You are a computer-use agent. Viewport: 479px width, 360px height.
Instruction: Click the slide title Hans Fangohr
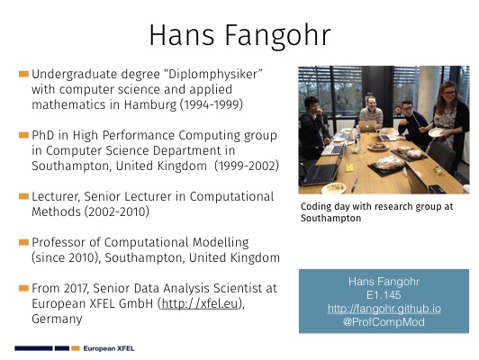239,36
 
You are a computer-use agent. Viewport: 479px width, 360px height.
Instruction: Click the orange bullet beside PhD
23,135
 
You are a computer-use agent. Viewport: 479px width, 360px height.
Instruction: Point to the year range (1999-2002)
247,166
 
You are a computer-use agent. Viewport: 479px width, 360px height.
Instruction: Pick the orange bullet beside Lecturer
23,196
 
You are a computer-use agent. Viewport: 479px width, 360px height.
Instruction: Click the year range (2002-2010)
117,211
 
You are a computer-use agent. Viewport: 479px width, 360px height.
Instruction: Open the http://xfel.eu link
200,303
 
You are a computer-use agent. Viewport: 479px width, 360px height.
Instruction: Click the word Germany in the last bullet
57,319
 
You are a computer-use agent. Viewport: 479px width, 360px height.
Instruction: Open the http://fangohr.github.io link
384,309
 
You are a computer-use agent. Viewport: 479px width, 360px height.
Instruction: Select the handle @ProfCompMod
384,322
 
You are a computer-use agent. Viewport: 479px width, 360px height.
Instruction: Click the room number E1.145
384,295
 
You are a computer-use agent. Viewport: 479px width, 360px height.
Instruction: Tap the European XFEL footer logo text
109,348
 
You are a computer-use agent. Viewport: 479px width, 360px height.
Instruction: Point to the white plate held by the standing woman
436,132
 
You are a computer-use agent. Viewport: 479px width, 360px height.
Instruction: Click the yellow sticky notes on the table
349,167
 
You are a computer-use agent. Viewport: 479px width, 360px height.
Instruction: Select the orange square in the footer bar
76,348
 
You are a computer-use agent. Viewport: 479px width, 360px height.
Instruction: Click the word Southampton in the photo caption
330,219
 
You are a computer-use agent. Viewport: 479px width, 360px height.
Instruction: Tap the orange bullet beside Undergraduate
23,74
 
